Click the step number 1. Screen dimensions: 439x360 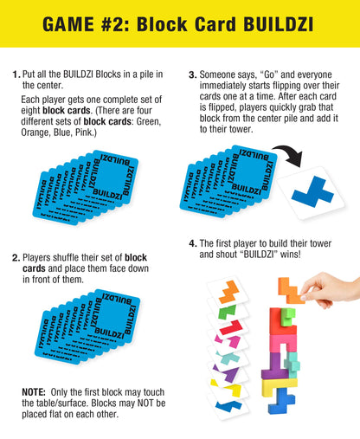[x=16, y=75]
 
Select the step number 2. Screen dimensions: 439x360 [x=16, y=257]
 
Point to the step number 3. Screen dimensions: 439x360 [x=192, y=75]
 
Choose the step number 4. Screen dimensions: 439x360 [x=192, y=244]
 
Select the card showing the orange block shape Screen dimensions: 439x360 [x=230, y=287]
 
